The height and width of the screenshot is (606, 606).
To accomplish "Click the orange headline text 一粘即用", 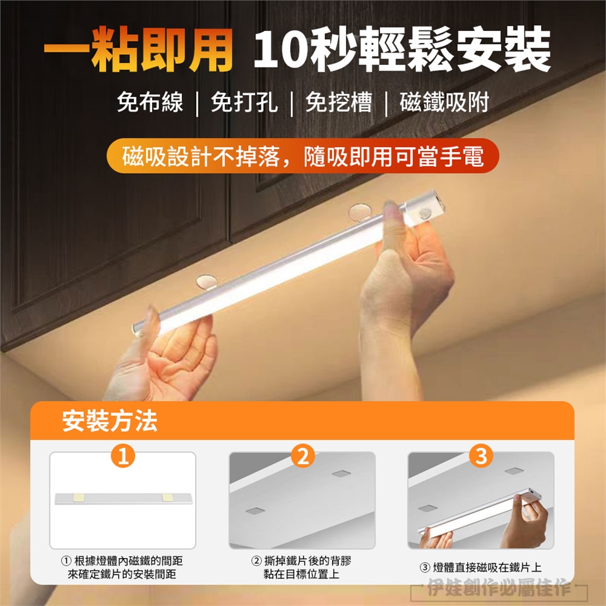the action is pyautogui.click(x=138, y=49).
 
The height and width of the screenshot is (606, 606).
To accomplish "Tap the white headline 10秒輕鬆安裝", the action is pyautogui.click(x=402, y=49).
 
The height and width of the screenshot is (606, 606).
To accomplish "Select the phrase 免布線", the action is pyautogui.click(x=150, y=102).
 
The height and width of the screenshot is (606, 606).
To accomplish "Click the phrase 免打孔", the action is pyautogui.click(x=244, y=102).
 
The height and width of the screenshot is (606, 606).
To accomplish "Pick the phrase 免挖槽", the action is pyautogui.click(x=338, y=102).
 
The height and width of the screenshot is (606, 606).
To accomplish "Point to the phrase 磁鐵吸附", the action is pyautogui.click(x=444, y=102).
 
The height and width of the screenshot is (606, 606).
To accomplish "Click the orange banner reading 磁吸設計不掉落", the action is pyautogui.click(x=302, y=156).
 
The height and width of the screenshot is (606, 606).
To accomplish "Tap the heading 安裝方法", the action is pyautogui.click(x=110, y=421).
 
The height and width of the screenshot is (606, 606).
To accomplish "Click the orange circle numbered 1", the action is pyautogui.click(x=123, y=456).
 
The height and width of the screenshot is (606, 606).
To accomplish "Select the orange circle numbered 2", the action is pyautogui.click(x=302, y=456).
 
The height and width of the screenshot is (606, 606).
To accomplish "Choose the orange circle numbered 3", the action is pyautogui.click(x=481, y=456).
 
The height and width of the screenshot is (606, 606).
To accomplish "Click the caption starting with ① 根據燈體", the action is pyautogui.click(x=122, y=567).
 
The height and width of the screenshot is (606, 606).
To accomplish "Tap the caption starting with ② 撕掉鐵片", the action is pyautogui.click(x=302, y=567).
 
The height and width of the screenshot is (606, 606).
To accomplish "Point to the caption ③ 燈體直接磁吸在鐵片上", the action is pyautogui.click(x=481, y=567).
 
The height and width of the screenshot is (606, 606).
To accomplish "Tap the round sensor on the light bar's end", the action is pyautogui.click(x=426, y=213).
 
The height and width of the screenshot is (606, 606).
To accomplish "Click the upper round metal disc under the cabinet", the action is pyautogui.click(x=360, y=212).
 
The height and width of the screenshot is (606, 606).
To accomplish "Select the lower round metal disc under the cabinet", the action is pyautogui.click(x=206, y=282).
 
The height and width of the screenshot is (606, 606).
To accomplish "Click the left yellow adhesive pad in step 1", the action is pyautogui.click(x=80, y=496).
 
